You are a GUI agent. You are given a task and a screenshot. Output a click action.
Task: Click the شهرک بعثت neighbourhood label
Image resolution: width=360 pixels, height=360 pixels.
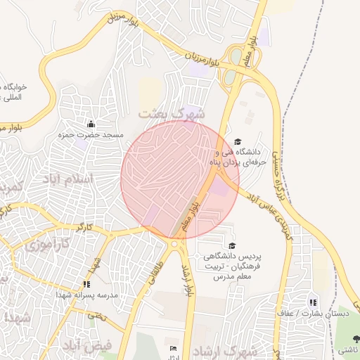tap(172, 113)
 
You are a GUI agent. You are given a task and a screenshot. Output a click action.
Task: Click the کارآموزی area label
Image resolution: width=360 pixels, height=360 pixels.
tap(46, 247)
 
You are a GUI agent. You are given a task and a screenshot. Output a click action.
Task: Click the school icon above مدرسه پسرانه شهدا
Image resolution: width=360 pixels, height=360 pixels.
tap(86, 284)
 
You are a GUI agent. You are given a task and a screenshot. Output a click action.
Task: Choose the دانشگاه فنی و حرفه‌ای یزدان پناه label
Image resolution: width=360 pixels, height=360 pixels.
tap(237, 156)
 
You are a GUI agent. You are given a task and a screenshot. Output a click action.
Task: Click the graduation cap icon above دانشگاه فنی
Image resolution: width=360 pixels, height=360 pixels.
tap(237, 141)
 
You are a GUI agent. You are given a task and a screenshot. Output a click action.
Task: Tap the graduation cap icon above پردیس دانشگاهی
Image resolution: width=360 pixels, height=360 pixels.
tap(232, 245)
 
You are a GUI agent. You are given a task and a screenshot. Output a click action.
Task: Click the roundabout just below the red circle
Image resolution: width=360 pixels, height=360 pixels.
tap(174, 244)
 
